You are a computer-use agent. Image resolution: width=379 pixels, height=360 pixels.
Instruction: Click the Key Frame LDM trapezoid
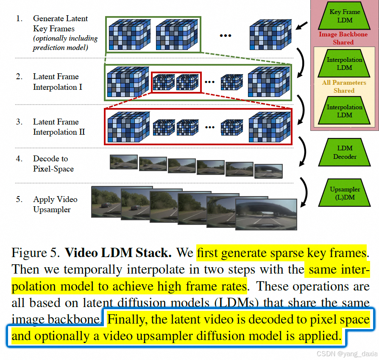345,16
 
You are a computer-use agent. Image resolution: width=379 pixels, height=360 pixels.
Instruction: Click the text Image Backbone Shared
343,38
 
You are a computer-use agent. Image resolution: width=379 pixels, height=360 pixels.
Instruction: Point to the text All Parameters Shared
344,86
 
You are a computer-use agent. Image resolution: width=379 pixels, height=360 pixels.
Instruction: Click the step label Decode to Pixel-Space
53,163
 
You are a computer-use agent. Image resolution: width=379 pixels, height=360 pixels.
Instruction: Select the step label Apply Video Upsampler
55,204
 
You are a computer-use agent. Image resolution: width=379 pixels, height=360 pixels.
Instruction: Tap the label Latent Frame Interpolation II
59,127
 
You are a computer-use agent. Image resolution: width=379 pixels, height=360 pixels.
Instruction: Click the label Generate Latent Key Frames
60,24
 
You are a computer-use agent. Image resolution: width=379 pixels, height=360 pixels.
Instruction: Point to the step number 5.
19,199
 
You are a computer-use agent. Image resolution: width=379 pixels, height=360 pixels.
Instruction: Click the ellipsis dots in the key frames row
225,36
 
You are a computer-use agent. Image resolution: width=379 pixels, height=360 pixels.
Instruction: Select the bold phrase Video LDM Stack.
118,253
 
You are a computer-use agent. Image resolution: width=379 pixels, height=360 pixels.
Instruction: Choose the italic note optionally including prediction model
65,43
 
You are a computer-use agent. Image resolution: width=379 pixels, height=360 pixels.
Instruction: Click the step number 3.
19,122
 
